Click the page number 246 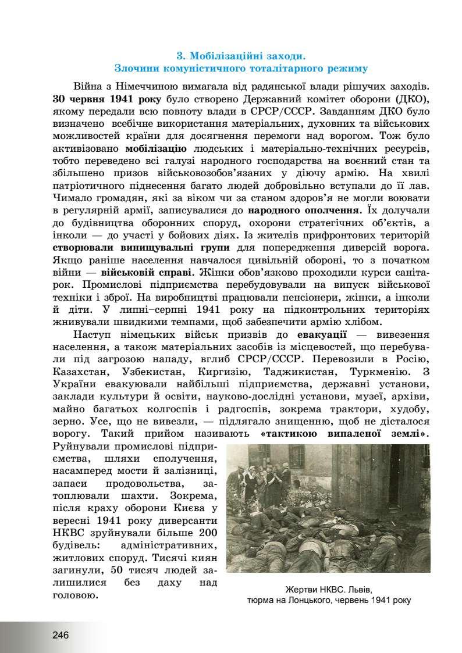point(60,634)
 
